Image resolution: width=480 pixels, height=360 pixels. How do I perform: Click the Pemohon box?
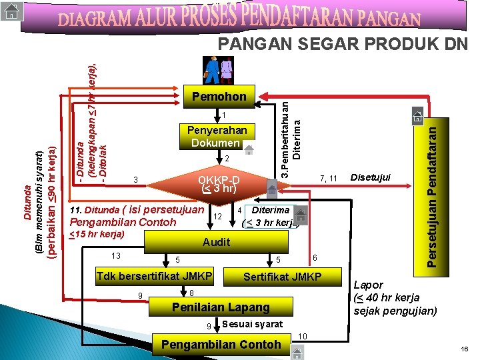pyautogui.click(x=219, y=97)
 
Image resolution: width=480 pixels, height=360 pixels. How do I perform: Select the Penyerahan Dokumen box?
pyautogui.click(x=219, y=137)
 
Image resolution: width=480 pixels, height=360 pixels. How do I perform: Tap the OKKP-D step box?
pyautogui.click(x=219, y=184)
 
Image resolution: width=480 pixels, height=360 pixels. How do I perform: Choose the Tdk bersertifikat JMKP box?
pyautogui.click(x=154, y=277)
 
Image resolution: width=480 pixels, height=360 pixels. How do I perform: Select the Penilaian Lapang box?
pyautogui.click(x=221, y=307)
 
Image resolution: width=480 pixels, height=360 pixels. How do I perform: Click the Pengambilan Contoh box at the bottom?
pyautogui.click(x=222, y=344)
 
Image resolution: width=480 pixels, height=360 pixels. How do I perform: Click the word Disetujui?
pyautogui.click(x=371, y=177)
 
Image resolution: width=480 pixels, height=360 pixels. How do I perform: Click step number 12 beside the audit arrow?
pyautogui.click(x=217, y=216)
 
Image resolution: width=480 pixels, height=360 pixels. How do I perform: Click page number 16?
pyautogui.click(x=464, y=350)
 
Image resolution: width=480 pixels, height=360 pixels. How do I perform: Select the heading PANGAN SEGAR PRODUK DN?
pyautogui.click(x=343, y=44)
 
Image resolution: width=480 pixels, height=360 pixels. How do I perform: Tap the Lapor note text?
pyautogui.click(x=395, y=297)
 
